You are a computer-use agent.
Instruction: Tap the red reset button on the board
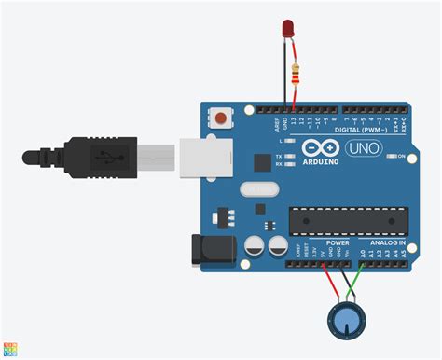(x=221, y=118)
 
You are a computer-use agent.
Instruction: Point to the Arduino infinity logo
(x=323, y=148)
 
